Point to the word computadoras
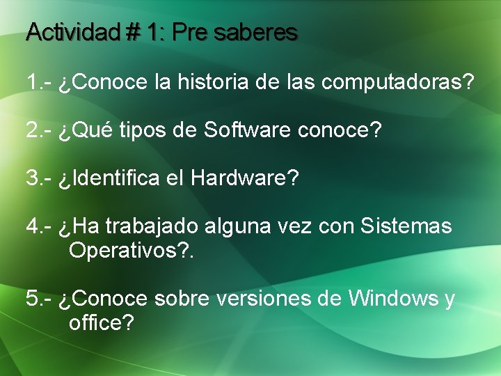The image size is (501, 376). [397, 83]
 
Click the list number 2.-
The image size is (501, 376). [40, 131]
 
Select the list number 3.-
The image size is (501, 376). [40, 178]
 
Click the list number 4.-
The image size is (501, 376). [40, 226]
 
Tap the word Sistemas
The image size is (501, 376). [406, 226]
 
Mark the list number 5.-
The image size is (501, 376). [40, 299]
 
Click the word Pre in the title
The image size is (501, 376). [189, 32]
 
